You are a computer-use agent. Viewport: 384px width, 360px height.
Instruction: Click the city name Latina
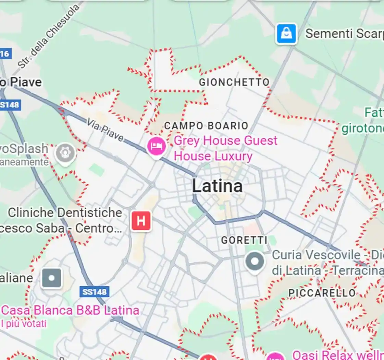coord(217,186)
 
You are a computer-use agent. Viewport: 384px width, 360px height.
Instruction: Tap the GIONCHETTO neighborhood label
coord(234,82)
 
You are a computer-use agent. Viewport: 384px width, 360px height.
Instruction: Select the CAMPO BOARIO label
coord(206,126)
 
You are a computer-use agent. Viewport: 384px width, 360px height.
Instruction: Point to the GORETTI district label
coord(244,240)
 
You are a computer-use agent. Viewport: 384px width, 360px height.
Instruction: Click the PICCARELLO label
coord(322,293)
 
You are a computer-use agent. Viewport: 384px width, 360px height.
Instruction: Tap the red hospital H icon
coord(141,221)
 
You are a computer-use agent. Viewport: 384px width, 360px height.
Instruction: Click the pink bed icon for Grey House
coord(157,147)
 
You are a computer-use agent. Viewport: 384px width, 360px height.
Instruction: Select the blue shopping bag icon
coord(286,34)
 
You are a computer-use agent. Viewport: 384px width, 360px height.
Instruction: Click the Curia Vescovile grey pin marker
coord(255,261)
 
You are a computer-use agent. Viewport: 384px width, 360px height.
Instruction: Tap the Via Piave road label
coord(105,130)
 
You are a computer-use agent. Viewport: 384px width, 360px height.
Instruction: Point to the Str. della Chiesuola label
coord(48,36)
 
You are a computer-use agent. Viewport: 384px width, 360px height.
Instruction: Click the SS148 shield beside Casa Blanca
coord(95,292)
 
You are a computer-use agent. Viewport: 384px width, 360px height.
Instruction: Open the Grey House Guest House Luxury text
coord(225,148)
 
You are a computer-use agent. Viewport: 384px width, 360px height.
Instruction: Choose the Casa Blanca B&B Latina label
coord(70,310)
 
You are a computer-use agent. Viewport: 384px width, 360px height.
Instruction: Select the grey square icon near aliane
coord(52,278)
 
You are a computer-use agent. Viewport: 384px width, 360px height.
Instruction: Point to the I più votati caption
coord(24,323)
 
